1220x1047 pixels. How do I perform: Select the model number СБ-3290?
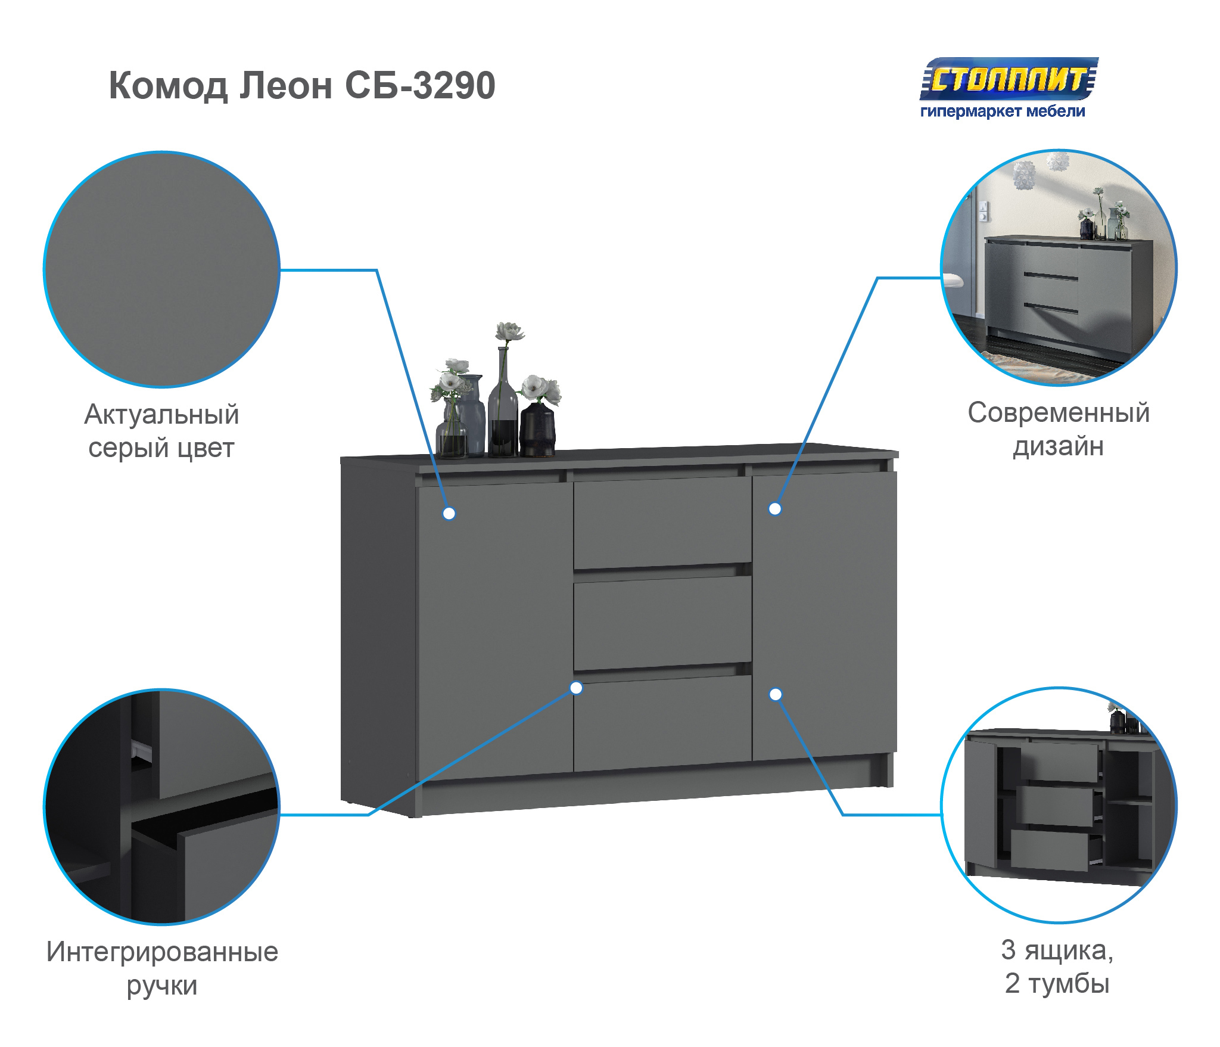(420, 85)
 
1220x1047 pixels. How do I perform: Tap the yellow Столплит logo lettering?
(1009, 79)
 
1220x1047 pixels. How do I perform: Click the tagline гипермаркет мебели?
(1003, 111)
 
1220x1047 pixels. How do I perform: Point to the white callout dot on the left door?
(449, 513)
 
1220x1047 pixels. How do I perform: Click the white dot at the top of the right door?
(774, 509)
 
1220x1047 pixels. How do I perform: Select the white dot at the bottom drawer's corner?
(576, 688)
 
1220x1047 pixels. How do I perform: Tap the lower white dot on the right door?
(775, 694)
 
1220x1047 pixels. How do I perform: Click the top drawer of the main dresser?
(662, 522)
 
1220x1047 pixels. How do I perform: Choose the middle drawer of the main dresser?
(662, 622)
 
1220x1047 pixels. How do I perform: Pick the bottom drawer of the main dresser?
(662, 723)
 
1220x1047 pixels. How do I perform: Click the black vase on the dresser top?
(537, 429)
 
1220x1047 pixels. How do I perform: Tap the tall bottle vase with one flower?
(503, 402)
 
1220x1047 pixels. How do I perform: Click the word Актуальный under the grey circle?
(161, 414)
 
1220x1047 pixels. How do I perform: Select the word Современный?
(1058, 412)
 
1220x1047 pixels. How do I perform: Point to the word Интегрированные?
(162, 952)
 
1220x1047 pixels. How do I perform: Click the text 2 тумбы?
(1057, 983)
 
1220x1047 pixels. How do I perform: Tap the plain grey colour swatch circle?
(161, 269)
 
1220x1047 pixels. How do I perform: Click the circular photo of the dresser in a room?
(1059, 267)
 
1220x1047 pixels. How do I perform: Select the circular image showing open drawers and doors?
(1059, 805)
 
